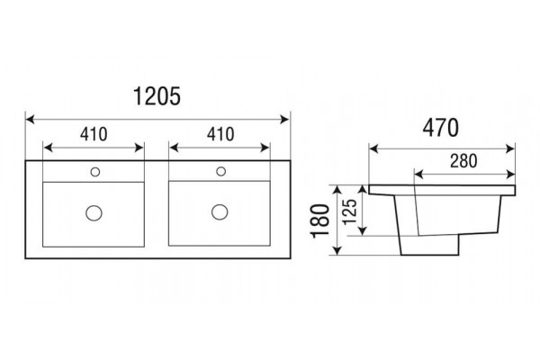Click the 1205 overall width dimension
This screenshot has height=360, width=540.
click(x=157, y=96)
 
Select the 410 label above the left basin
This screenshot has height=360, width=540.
click(x=94, y=134)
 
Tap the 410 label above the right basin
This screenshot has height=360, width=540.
click(x=220, y=134)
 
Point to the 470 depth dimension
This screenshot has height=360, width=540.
click(x=440, y=128)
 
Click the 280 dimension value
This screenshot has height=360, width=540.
click(x=463, y=161)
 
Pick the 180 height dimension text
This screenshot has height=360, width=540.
click(x=320, y=220)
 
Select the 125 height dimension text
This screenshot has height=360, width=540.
click(x=351, y=211)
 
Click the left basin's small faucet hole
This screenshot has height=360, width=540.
click(x=95, y=172)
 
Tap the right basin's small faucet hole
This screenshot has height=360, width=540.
click(x=220, y=171)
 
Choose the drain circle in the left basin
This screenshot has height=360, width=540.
click(x=94, y=213)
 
